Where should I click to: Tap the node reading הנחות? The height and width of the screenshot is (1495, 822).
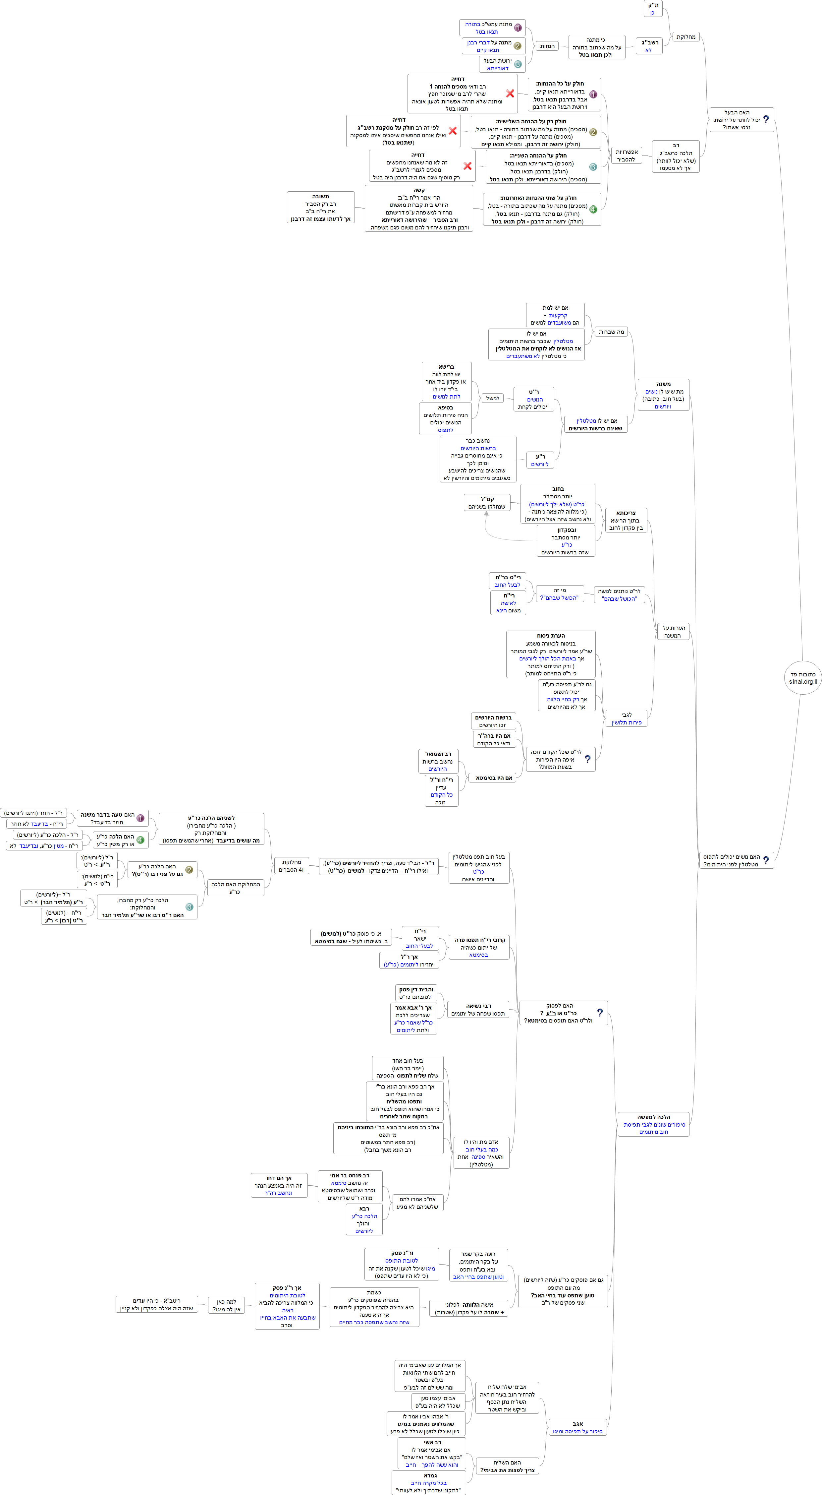pos(547,46)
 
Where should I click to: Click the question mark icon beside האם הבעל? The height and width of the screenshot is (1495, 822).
pos(766,120)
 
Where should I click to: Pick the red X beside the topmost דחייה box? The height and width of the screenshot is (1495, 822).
pos(510,93)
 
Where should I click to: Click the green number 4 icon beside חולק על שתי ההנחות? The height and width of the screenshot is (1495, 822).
pos(593,210)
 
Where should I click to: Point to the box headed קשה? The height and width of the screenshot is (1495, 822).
pos(419,208)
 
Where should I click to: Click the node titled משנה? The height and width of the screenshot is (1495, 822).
pos(663,395)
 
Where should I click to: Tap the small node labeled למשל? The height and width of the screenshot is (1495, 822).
pos(492,398)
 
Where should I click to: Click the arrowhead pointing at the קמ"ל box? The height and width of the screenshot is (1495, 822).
pos(486,513)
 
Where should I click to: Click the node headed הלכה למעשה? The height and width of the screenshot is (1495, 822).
pos(653,1124)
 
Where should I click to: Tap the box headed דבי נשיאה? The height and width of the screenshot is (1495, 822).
pos(478,1010)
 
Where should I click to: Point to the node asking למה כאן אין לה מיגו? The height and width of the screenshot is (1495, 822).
pos(226,1305)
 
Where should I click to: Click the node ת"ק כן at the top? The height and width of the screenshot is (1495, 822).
pos(653,9)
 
